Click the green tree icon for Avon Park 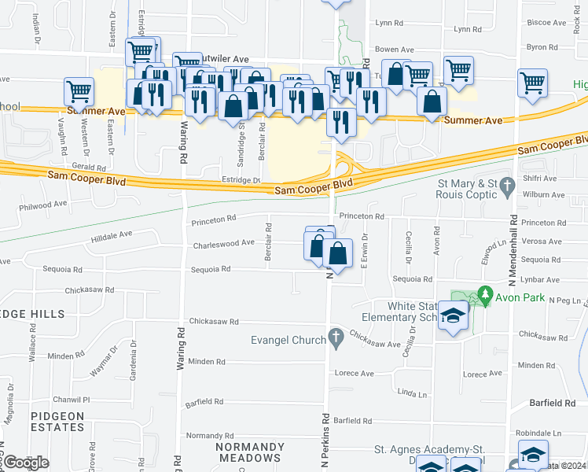pyautogui.click(x=485, y=297)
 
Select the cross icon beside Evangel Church pyautogui.click(x=336, y=339)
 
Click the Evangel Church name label pyautogui.click(x=288, y=340)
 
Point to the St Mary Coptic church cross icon pyautogui.click(x=508, y=188)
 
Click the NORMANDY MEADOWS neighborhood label pyautogui.click(x=250, y=452)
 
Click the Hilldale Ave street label pyautogui.click(x=112, y=236)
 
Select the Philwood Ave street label pyautogui.click(x=45, y=205)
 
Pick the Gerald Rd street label pyautogui.click(x=88, y=168)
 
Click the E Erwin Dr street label pyautogui.click(x=364, y=251)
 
